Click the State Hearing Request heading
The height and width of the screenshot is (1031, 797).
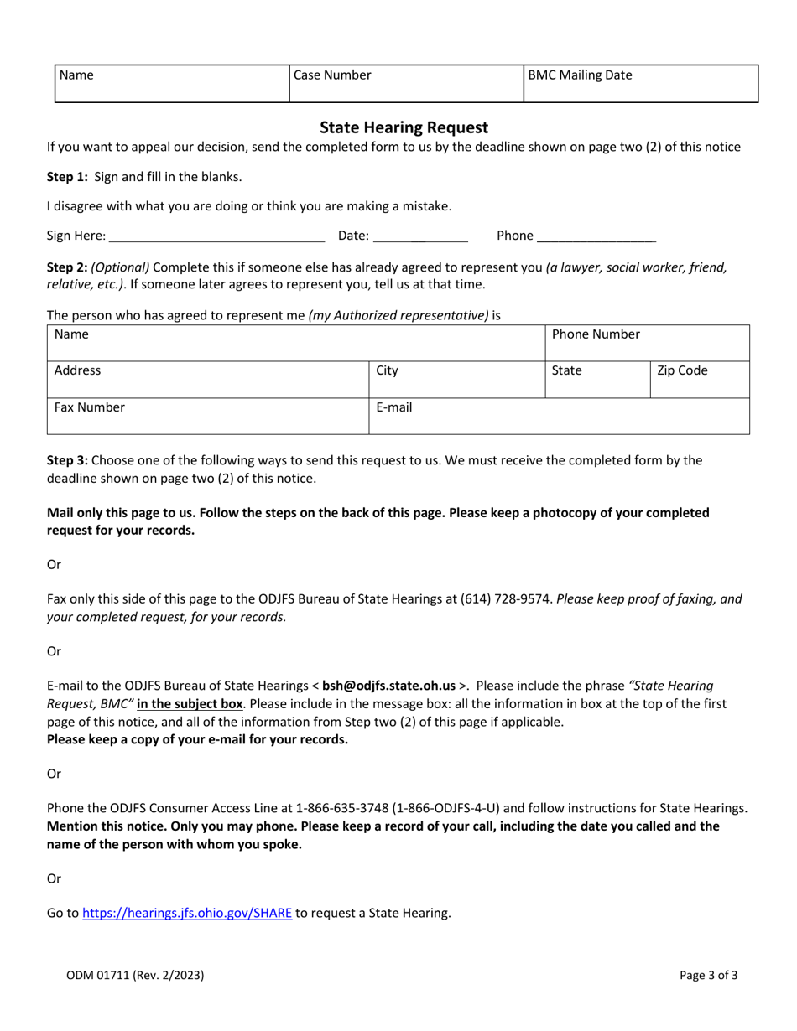click(x=404, y=127)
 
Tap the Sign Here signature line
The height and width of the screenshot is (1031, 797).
click(x=217, y=236)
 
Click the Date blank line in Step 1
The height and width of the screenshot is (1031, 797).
click(x=419, y=236)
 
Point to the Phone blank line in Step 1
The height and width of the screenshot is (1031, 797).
click(x=596, y=237)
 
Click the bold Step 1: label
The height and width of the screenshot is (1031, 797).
click(x=68, y=177)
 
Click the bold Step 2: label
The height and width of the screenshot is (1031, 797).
click(x=68, y=267)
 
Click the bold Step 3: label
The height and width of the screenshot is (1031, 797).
click(x=68, y=459)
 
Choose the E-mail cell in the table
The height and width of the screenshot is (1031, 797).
click(x=558, y=416)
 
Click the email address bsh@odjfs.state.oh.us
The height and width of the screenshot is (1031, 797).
click(x=389, y=662)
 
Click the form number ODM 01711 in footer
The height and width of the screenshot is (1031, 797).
click(x=134, y=976)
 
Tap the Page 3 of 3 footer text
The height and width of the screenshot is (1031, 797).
click(x=709, y=976)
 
